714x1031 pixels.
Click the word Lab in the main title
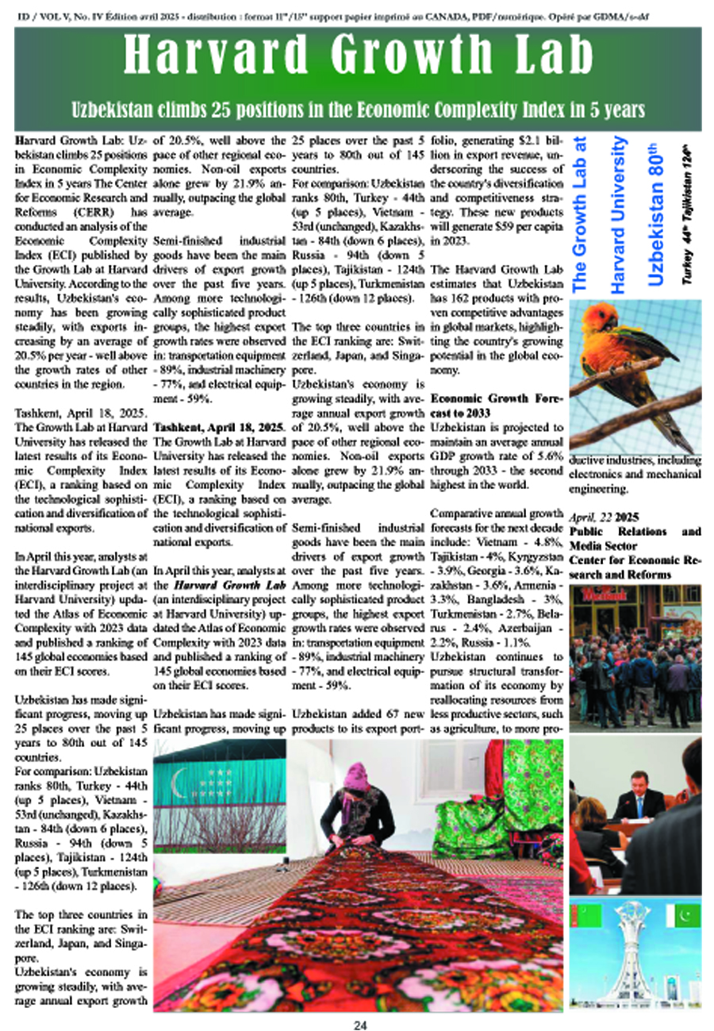click(x=543, y=56)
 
